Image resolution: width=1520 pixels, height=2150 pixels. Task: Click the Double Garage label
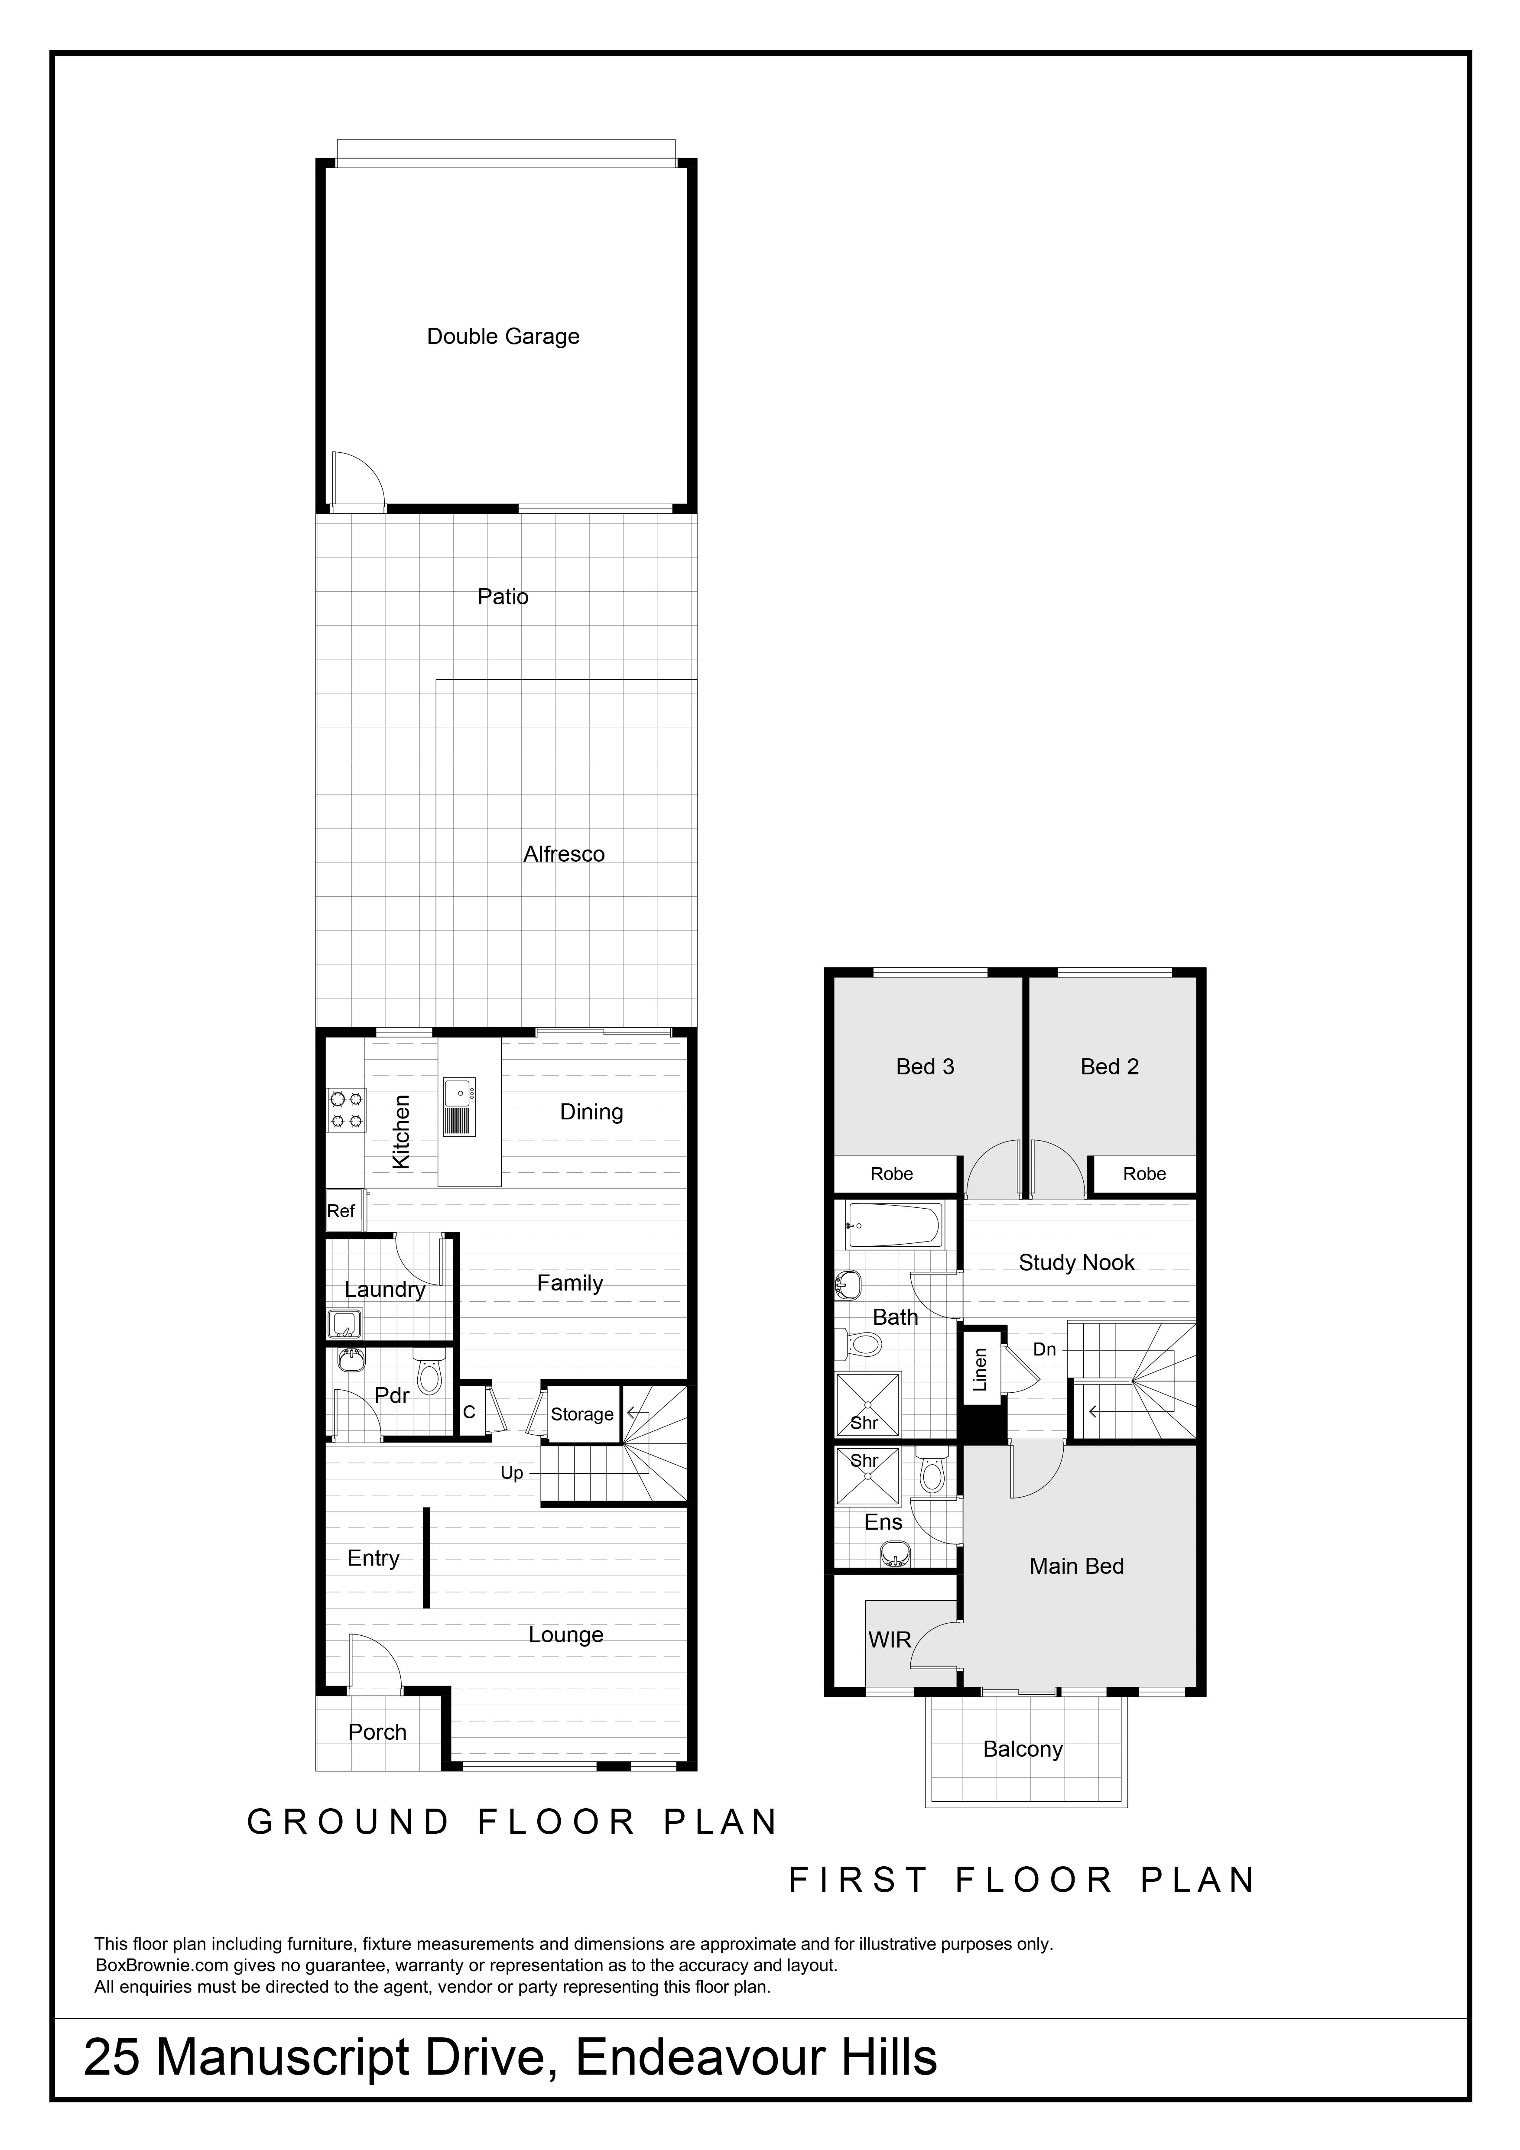pyautogui.click(x=503, y=336)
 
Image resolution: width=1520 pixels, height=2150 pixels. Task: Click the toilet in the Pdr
pyautogui.click(x=429, y=1375)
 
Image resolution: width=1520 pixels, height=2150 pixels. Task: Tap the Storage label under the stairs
pyautogui.click(x=581, y=1414)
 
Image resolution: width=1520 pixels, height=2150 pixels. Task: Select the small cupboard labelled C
pyautogui.click(x=469, y=1412)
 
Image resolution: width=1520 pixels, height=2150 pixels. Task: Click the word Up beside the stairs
pyautogui.click(x=511, y=1473)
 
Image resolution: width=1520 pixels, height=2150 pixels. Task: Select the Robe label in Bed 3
pyautogui.click(x=892, y=1174)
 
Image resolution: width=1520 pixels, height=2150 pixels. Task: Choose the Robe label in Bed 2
pyautogui.click(x=1144, y=1174)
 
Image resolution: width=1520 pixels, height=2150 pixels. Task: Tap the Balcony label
pyautogui.click(x=1023, y=1749)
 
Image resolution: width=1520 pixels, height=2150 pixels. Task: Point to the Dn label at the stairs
pyautogui.click(x=1044, y=1349)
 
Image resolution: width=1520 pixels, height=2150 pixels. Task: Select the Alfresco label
pyautogui.click(x=564, y=854)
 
